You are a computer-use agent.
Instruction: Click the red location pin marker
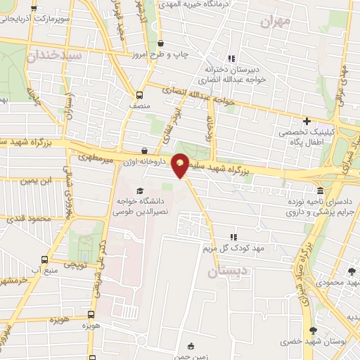pos(181,165)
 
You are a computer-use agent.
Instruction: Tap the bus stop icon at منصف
pos(139,95)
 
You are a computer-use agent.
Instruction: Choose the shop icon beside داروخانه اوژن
pos(144,150)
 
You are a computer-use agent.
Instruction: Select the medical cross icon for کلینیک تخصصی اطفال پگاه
pos(306,121)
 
